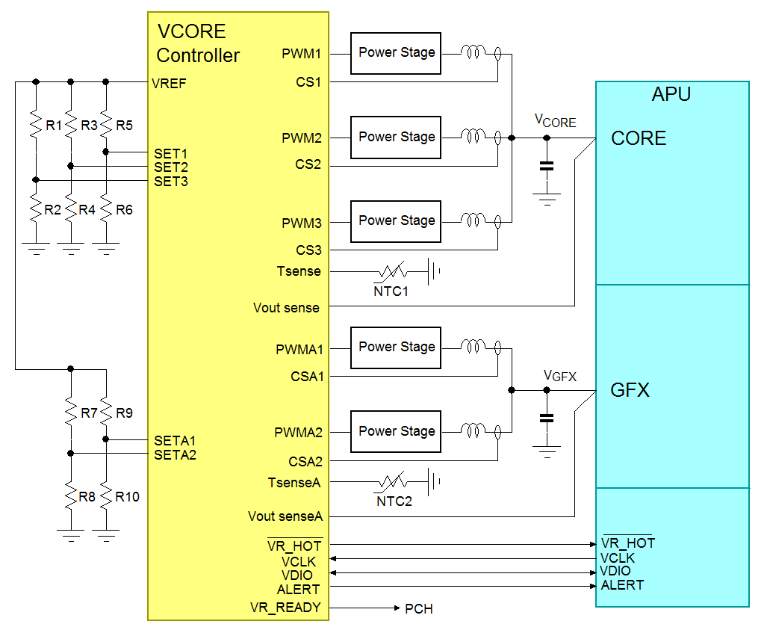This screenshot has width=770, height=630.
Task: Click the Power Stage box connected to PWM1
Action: (396, 53)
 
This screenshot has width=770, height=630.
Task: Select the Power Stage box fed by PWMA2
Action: (396, 431)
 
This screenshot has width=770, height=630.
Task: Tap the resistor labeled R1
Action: (35, 125)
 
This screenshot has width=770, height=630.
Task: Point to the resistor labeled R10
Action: (106, 496)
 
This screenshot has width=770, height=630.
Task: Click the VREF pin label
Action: (169, 84)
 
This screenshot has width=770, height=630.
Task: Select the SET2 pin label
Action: (171, 167)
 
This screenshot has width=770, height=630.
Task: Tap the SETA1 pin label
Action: (175, 440)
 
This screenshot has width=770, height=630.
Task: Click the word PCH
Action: (418, 609)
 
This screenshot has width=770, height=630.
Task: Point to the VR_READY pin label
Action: (285, 608)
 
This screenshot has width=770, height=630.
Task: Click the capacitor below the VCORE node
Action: (547, 166)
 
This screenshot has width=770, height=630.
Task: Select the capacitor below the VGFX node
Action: (547, 418)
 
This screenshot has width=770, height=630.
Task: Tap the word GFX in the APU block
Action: (630, 390)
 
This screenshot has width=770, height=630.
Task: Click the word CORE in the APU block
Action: (638, 139)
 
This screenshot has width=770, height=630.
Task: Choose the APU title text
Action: (671, 95)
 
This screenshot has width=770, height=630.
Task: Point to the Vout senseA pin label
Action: (285, 516)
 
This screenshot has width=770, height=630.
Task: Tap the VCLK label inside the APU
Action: (617, 558)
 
